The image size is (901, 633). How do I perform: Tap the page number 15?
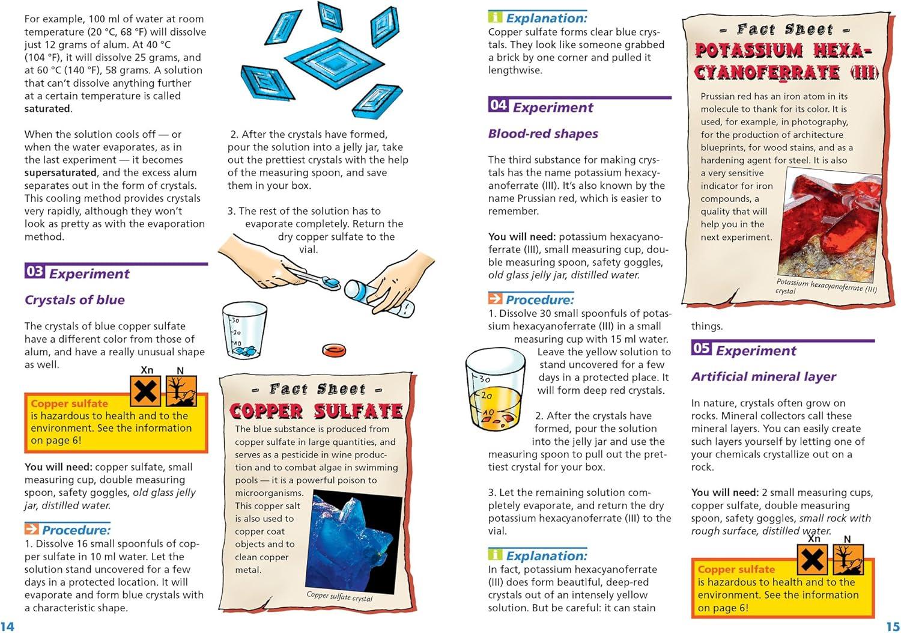pyautogui.click(x=893, y=626)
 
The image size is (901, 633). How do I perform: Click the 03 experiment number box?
pyautogui.click(x=34, y=272)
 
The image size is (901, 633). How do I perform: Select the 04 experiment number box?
pyautogui.click(x=498, y=105)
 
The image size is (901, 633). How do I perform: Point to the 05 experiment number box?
pyautogui.click(x=701, y=348)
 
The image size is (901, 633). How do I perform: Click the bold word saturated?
pyautogui.click(x=47, y=109)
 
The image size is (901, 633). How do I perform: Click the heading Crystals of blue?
pyautogui.click(x=74, y=300)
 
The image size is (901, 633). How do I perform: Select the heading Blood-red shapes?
pyautogui.click(x=543, y=133)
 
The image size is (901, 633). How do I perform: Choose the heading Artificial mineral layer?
pyautogui.click(x=763, y=377)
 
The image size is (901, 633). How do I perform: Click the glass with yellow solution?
pyautogui.click(x=489, y=391)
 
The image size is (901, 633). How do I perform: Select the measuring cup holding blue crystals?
pyautogui.click(x=244, y=331)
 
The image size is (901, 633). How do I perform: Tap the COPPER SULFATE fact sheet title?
pyautogui.click(x=316, y=411)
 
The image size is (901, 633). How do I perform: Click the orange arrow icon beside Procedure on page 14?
pyautogui.click(x=31, y=529)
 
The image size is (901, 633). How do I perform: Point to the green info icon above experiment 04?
pyautogui.click(x=495, y=17)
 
